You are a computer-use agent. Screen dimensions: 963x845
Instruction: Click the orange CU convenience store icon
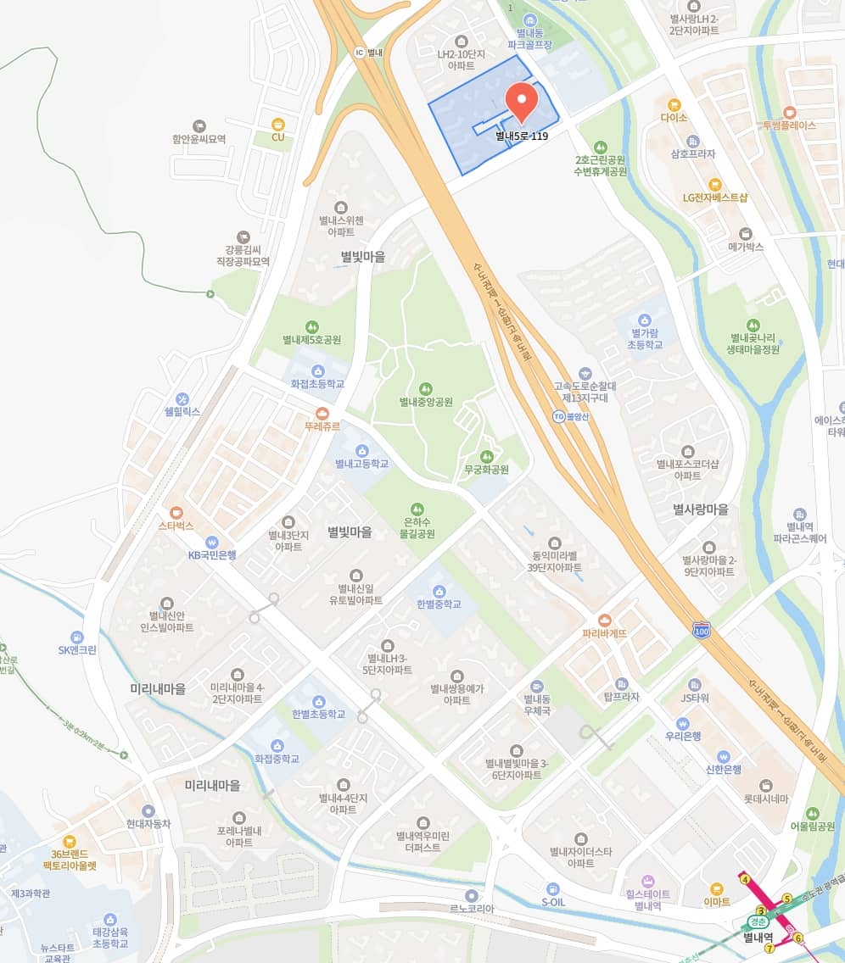[x=277, y=123]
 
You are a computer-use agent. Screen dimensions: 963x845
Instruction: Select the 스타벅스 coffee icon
[x=176, y=512]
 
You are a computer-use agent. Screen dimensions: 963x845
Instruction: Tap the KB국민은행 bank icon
[x=212, y=542]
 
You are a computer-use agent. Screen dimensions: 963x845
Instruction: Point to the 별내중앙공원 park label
[x=426, y=401]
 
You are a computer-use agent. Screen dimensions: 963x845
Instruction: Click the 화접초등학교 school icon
[x=317, y=370]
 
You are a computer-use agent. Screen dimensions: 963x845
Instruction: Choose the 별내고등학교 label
[x=361, y=464]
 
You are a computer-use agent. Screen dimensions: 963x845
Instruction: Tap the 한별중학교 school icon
[x=439, y=591]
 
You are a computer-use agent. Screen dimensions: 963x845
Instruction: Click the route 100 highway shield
[x=701, y=631]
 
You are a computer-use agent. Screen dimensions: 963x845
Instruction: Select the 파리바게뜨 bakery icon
[x=604, y=620]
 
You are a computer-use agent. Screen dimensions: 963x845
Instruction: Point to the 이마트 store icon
[x=717, y=889]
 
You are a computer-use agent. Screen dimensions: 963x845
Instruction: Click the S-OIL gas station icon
[x=552, y=888]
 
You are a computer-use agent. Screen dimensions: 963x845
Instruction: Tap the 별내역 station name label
[x=758, y=937]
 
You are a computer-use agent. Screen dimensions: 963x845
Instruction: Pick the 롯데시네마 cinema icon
[x=766, y=785]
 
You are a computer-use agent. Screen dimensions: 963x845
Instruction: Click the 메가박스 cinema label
[x=746, y=247]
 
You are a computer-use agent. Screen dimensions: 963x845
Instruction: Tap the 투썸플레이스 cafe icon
[x=789, y=112]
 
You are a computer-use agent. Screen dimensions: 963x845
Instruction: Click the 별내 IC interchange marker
[x=359, y=53]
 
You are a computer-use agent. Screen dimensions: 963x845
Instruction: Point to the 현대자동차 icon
[x=148, y=810]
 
